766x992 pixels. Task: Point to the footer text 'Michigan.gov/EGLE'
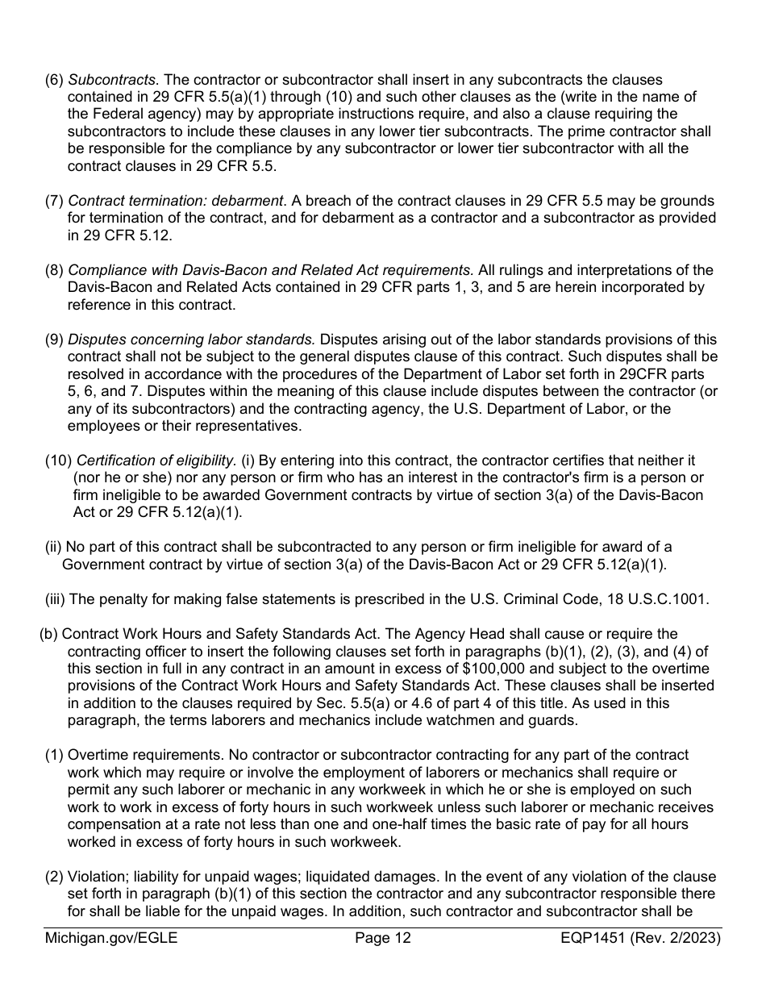tap(111, 938)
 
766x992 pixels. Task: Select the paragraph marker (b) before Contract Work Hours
tap(48, 634)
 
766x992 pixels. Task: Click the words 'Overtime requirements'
tap(142, 755)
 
